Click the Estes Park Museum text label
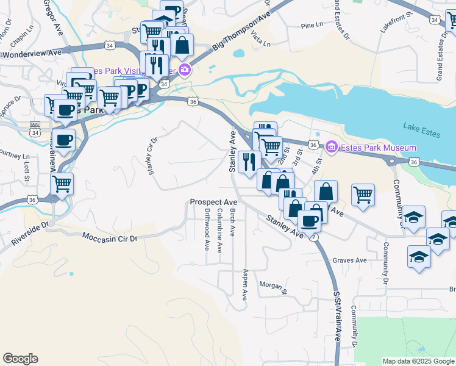pos(378,148)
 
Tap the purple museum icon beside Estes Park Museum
pos(332,147)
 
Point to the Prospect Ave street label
pos(213,202)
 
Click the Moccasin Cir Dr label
pos(110,237)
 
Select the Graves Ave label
pos(350,260)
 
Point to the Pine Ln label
pos(312,25)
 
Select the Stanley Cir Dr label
pos(152,156)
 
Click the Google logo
pos(20,359)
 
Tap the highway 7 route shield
pos(312,237)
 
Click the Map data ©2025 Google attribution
pos(418,361)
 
